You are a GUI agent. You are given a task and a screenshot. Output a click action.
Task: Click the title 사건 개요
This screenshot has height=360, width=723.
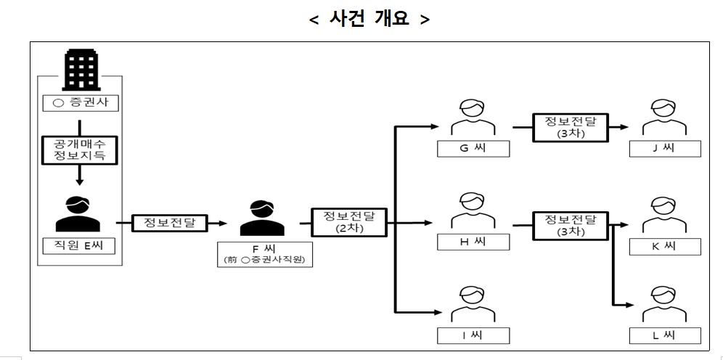[x=369, y=19]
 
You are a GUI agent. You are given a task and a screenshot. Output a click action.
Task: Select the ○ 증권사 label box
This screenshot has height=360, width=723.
[x=79, y=103]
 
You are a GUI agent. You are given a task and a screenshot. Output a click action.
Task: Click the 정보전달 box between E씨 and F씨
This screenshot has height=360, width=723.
[x=168, y=223]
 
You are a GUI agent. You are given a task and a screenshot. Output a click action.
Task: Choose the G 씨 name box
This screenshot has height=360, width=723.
[x=473, y=149]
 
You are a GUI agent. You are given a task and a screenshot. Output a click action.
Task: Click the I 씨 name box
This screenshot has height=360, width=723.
[x=473, y=335]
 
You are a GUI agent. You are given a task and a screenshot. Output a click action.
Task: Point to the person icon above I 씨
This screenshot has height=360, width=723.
[x=473, y=305]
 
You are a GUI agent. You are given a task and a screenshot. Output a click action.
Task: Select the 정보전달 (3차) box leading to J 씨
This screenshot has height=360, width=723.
[x=570, y=126]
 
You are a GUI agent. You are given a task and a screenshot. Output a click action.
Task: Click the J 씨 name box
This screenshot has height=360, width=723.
[x=663, y=149]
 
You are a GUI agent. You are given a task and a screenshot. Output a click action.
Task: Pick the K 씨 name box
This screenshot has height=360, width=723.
[x=663, y=247]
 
